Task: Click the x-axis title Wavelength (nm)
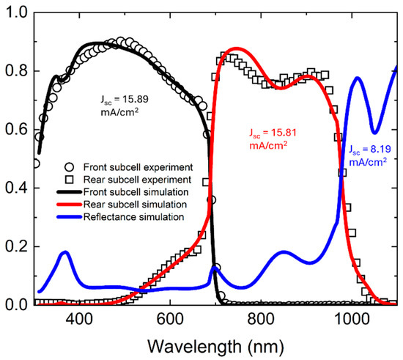pyautogui.click(x=215, y=347)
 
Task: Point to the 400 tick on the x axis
pyautogui.click(x=79, y=320)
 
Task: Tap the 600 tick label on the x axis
pyautogui.click(x=170, y=320)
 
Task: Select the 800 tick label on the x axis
pyautogui.click(x=261, y=320)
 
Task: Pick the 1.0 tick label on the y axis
pyautogui.click(x=16, y=12)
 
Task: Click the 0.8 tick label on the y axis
pyautogui.click(x=16, y=70)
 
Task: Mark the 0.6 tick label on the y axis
pyautogui.click(x=16, y=129)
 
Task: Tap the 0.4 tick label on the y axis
pyautogui.click(x=16, y=188)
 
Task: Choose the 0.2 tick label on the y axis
pyautogui.click(x=16, y=246)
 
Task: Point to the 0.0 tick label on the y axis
pyautogui.click(x=16, y=305)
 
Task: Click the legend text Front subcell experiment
pyautogui.click(x=138, y=167)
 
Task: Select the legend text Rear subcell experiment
pyautogui.click(x=137, y=180)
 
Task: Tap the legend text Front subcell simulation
pyautogui.click(x=136, y=192)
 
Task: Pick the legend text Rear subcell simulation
pyautogui.click(x=135, y=205)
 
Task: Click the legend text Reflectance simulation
pyautogui.click(x=133, y=217)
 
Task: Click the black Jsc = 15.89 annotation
pyautogui.click(x=125, y=106)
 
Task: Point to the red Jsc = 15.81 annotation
pyautogui.click(x=273, y=139)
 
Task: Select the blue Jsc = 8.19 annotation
pyautogui.click(x=370, y=155)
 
